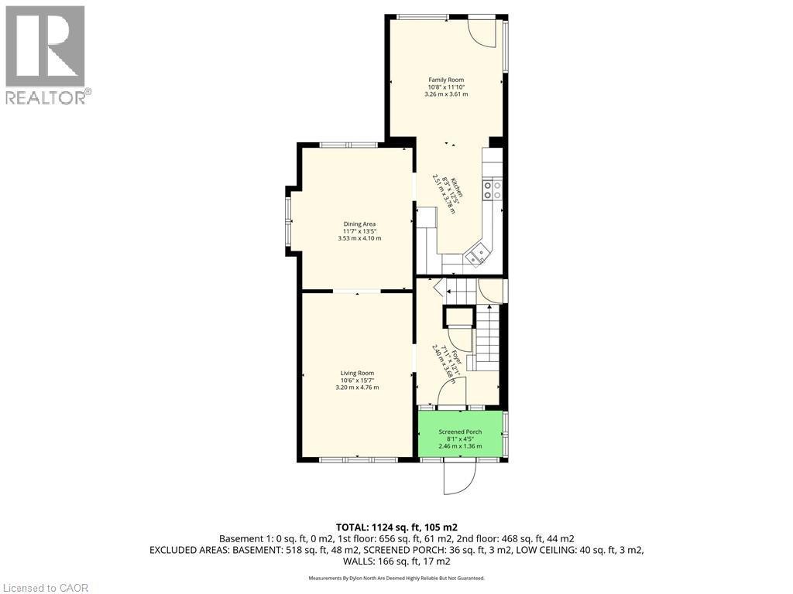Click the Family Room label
click(448, 80)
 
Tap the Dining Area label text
click(359, 224)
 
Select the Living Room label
click(357, 373)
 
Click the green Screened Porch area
click(460, 445)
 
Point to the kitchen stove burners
click(493, 189)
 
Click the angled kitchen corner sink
click(478, 253)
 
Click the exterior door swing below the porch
click(457, 477)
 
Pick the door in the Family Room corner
click(484, 32)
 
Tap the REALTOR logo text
click(47, 97)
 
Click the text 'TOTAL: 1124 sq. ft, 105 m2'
click(396, 527)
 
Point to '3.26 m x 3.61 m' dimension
click(448, 94)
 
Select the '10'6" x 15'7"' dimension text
click(357, 381)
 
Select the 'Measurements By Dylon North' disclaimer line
click(396, 578)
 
